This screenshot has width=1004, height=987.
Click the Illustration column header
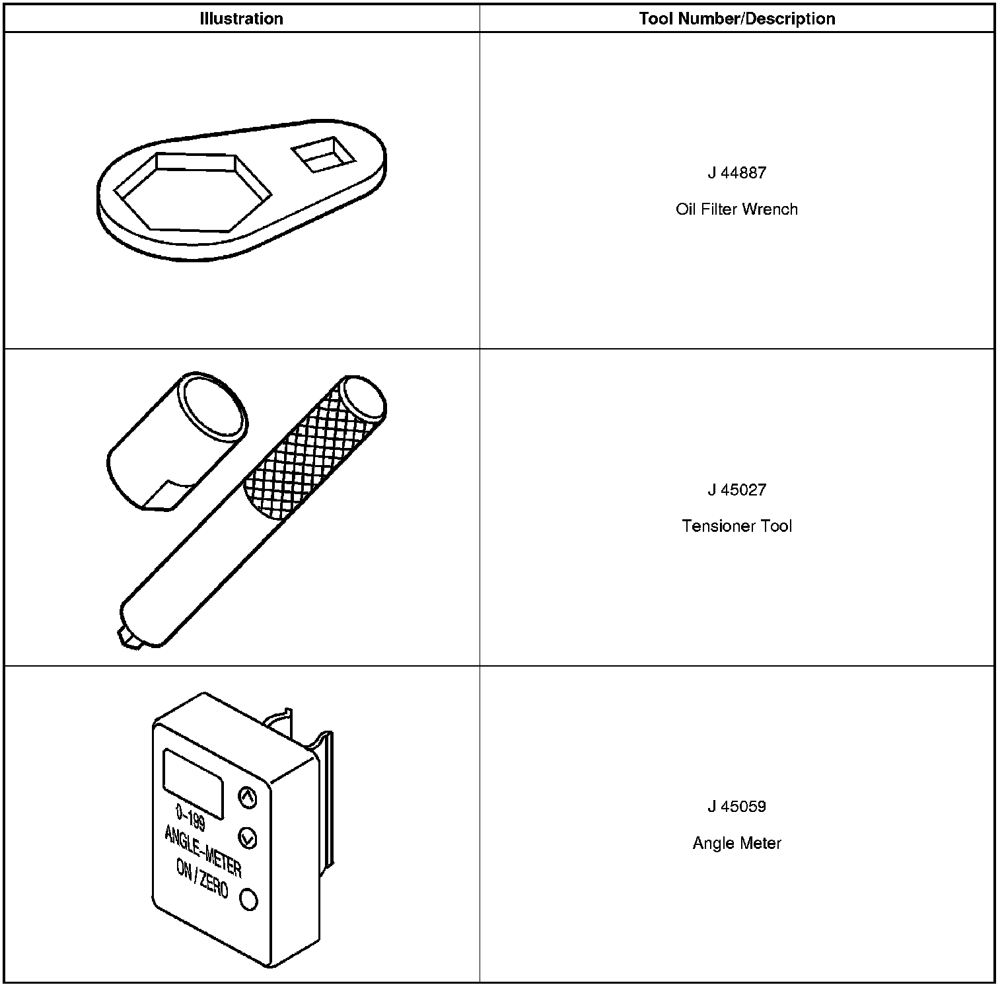pos(241,18)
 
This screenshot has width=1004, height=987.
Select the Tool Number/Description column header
pos(736,18)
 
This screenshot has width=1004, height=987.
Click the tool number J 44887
pos(736,173)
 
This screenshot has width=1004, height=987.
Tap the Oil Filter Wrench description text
pos(736,209)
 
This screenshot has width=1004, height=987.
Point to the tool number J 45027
pos(736,490)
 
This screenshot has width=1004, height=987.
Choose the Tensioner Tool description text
pos(736,527)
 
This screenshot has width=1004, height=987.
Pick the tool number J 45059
pos(736,807)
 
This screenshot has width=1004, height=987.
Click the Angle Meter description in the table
pos(736,844)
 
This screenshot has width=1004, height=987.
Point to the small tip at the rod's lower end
pos(126,638)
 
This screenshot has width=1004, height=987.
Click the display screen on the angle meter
pos(192,783)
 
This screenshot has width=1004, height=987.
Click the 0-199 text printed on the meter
pos(190,819)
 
